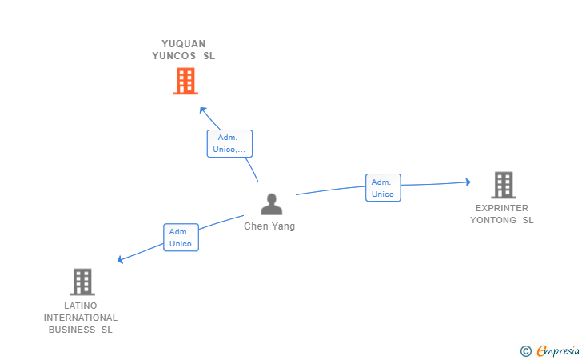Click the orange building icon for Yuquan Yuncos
[x=185, y=81]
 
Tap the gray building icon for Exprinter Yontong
[x=503, y=185]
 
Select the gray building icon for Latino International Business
[x=82, y=282]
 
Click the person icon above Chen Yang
[x=272, y=204]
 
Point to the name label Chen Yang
[x=269, y=226]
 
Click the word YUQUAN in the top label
[x=184, y=44]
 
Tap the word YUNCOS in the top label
[x=173, y=56]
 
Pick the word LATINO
[x=81, y=306]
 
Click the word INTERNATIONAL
[x=81, y=318]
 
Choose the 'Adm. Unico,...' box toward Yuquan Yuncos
[x=229, y=143]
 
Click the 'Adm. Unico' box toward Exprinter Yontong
[x=383, y=187]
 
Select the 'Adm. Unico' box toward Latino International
[x=181, y=237]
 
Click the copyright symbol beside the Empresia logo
[x=525, y=350]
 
